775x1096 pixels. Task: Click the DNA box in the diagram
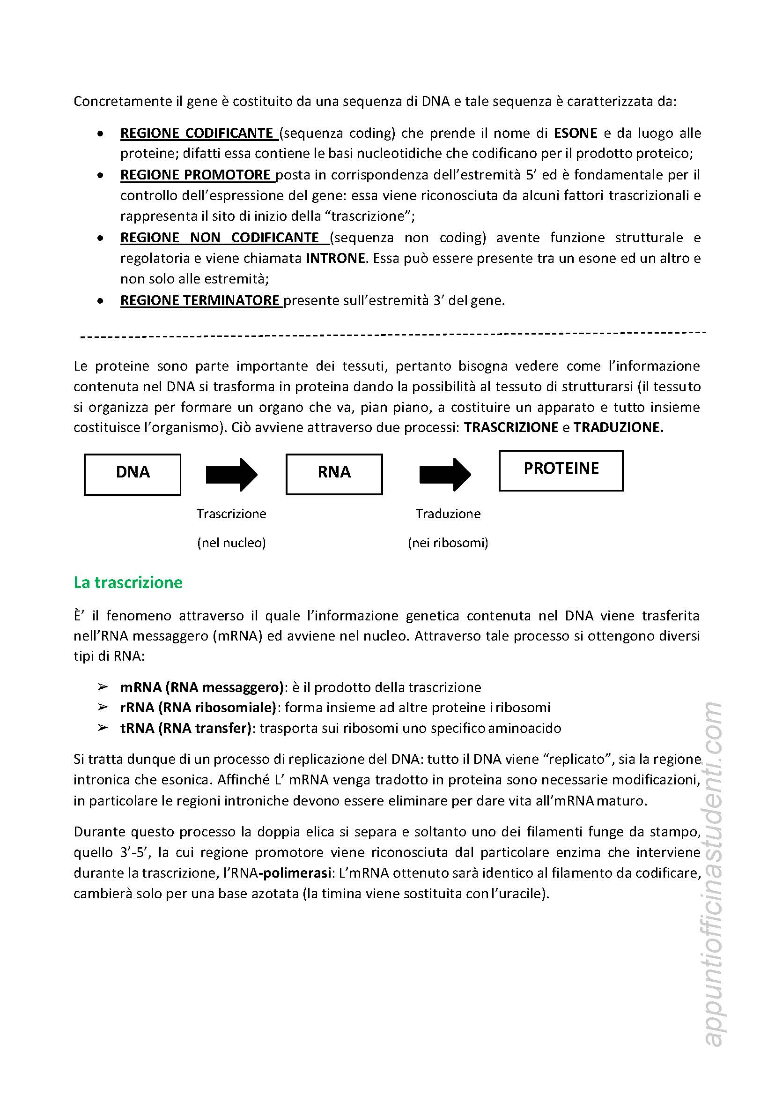(x=132, y=474)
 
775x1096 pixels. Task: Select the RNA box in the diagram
(x=334, y=474)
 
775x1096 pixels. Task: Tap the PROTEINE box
(x=561, y=470)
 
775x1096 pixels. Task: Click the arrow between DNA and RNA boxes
(x=231, y=474)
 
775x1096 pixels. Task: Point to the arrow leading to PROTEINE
(x=445, y=474)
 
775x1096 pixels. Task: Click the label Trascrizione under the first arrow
(x=231, y=514)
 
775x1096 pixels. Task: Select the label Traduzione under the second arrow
(x=448, y=514)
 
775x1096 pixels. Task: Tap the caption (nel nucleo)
(x=231, y=543)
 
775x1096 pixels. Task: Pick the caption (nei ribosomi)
(x=448, y=543)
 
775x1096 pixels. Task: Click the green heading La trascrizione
(x=128, y=582)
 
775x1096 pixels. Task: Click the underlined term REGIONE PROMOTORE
(x=196, y=175)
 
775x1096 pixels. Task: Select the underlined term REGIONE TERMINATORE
(x=200, y=300)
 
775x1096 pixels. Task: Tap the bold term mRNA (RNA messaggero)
(x=202, y=687)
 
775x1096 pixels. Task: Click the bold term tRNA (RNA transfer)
(x=185, y=728)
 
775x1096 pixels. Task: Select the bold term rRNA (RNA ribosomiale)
(x=198, y=707)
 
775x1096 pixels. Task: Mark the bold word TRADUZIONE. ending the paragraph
(x=618, y=427)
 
